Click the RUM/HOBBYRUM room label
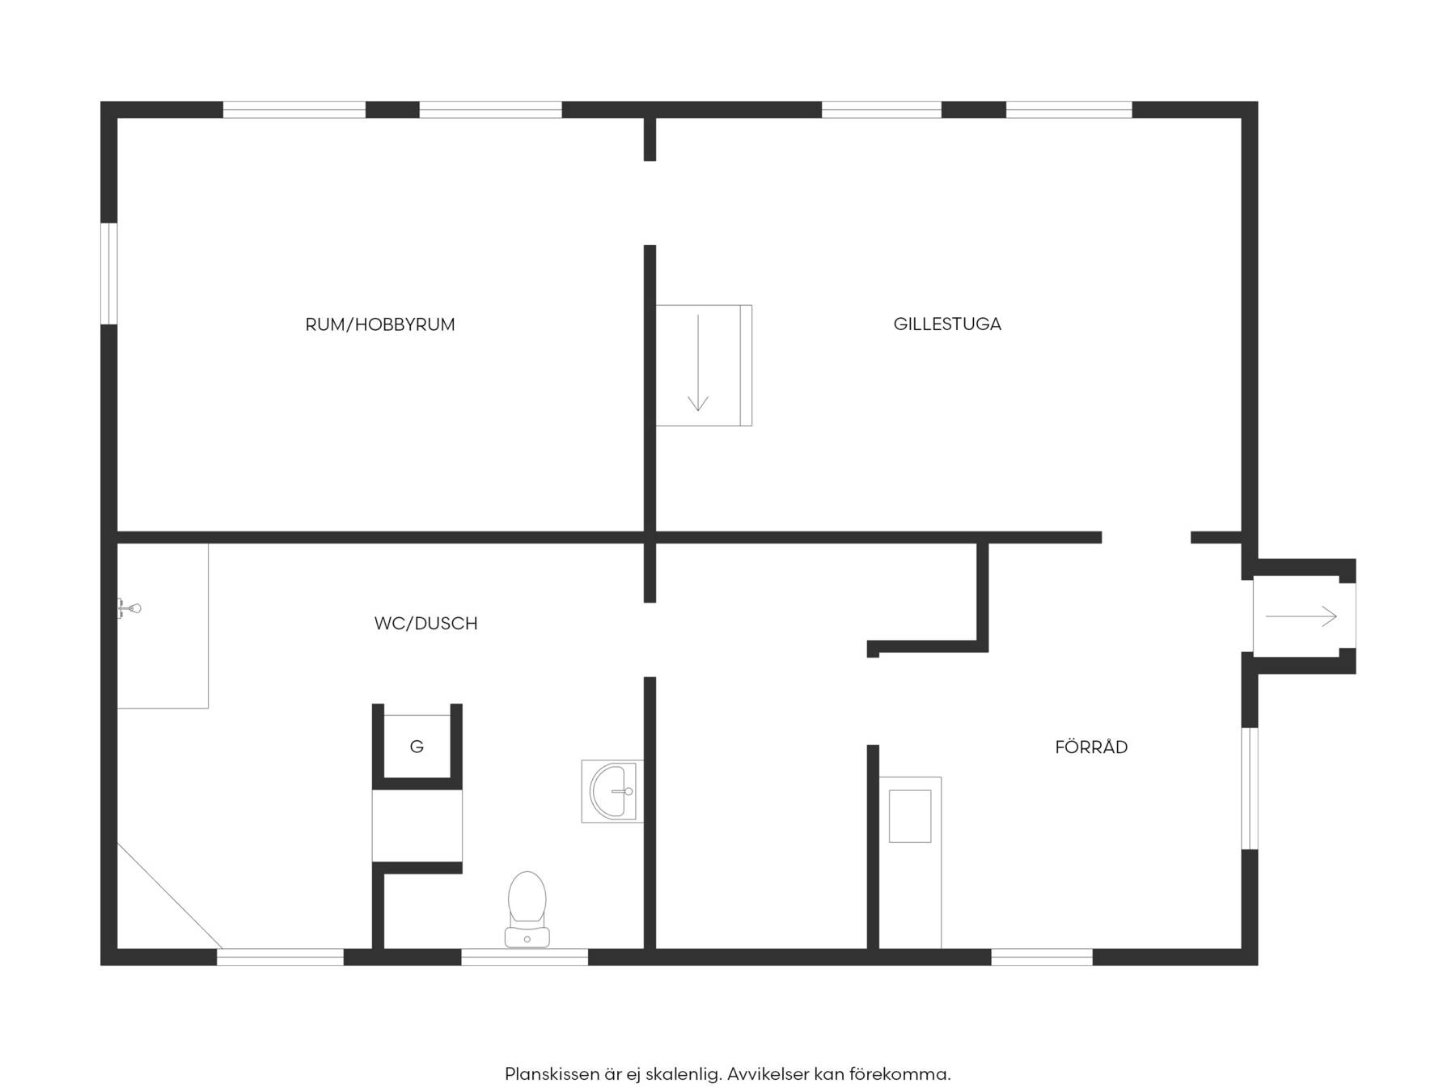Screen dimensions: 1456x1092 [379, 324]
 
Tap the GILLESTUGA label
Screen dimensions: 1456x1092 [947, 324]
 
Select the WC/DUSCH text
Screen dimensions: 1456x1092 [425, 623]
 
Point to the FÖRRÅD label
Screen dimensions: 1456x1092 [1091, 747]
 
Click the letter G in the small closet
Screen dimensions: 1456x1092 [417, 747]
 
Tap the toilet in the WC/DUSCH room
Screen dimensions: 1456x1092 [527, 909]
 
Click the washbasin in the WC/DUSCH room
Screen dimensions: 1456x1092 [612, 791]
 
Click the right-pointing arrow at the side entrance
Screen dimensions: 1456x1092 [1302, 617]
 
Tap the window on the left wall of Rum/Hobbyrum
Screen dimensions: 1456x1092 [109, 273]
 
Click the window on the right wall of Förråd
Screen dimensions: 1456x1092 [1250, 789]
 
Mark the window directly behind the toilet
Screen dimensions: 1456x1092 [525, 957]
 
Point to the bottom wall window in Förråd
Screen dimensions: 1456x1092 [1042, 957]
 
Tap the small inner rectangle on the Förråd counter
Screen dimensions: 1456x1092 [910, 816]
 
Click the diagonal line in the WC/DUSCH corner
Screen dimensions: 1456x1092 [170, 895]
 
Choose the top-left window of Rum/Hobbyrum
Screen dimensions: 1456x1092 [294, 110]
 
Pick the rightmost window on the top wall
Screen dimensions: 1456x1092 [1069, 110]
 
